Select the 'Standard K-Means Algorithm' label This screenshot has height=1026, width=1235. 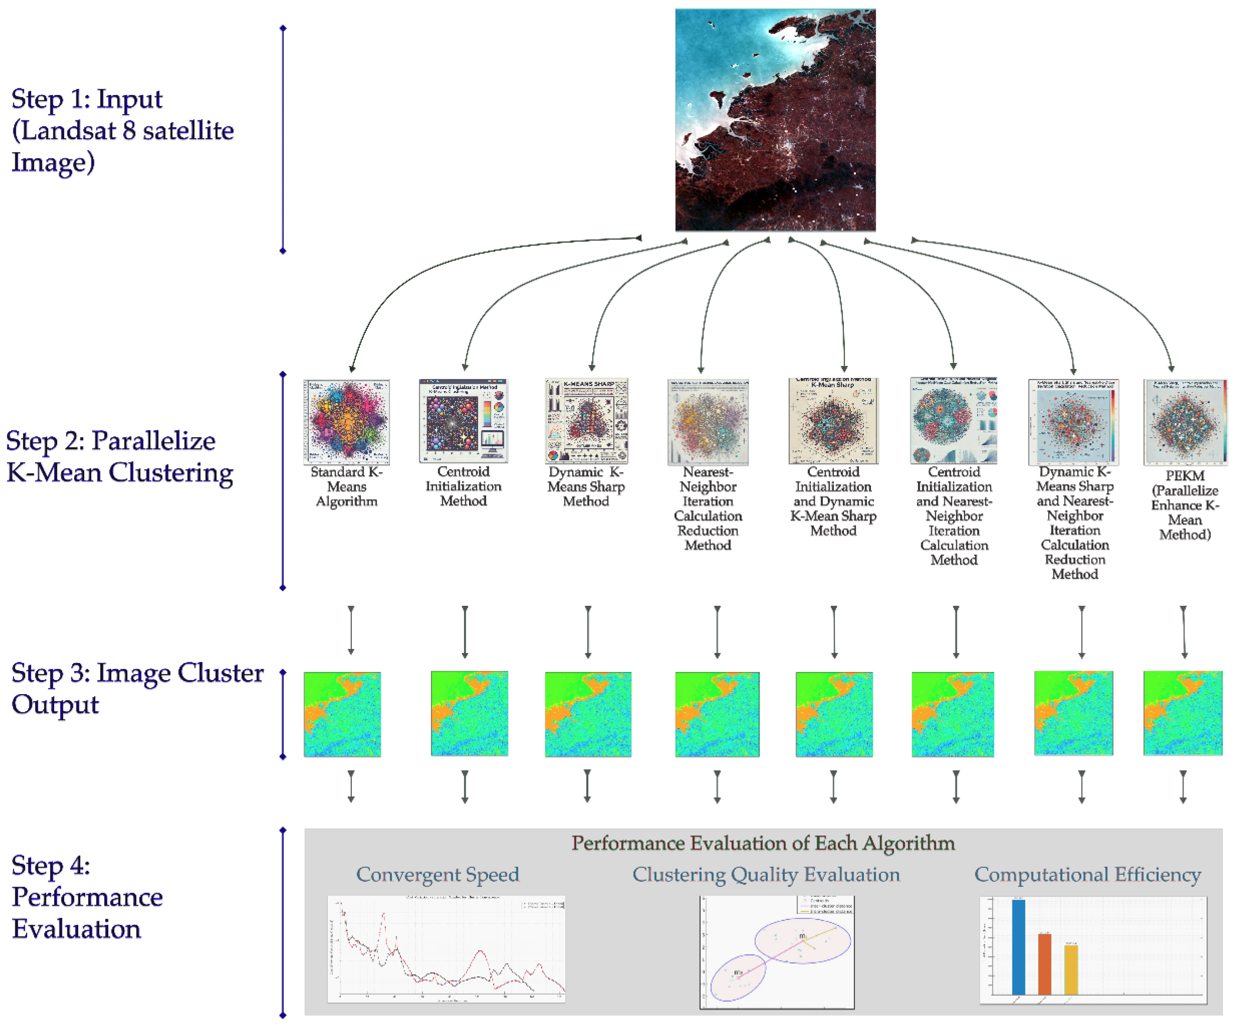[x=346, y=487]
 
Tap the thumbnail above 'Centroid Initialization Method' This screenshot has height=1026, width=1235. [x=463, y=421]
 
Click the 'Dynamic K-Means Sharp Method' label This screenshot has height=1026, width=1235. [x=586, y=487]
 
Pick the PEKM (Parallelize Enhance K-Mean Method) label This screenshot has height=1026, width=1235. [x=1185, y=505]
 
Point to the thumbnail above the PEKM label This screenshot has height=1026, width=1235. [x=1185, y=422]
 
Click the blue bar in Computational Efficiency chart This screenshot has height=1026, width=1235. [x=1018, y=947]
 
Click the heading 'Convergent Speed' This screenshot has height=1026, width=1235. [x=438, y=874]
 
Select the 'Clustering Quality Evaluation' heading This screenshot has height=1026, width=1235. [x=766, y=874]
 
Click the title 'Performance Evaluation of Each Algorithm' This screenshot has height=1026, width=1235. [x=763, y=843]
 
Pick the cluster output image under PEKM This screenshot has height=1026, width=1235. [x=1183, y=713]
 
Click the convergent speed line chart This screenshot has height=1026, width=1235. [x=446, y=949]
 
